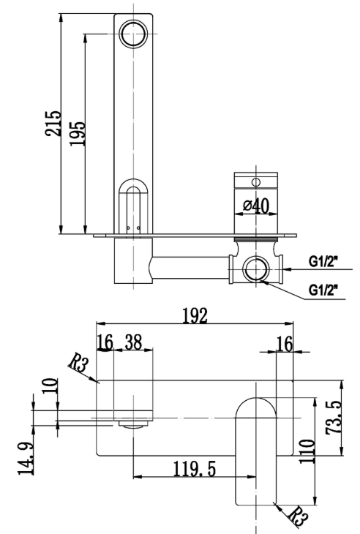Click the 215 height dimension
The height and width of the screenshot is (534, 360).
point(53,124)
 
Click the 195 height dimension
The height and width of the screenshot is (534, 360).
point(77,133)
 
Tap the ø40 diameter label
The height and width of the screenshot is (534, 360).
point(256,206)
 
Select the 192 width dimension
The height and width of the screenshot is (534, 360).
point(195,315)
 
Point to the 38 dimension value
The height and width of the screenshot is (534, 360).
point(133,342)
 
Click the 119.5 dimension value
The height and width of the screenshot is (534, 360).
point(195,469)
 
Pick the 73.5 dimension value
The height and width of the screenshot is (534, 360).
point(334,417)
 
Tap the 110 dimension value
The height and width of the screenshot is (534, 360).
point(307,451)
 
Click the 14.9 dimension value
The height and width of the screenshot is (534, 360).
point(26,459)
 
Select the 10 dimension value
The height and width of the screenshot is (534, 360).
point(50,386)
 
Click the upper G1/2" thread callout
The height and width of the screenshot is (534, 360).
point(323,262)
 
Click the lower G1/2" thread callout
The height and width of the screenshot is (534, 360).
point(323,290)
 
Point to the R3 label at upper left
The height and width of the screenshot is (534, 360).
point(79,363)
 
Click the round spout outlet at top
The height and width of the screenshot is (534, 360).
point(133,34)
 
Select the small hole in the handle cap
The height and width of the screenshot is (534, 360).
point(256,183)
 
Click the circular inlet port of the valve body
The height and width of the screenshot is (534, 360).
point(256,268)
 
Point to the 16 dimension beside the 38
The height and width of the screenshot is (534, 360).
point(105,342)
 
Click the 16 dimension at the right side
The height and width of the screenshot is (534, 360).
point(285,344)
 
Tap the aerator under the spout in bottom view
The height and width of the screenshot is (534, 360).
point(133,424)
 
